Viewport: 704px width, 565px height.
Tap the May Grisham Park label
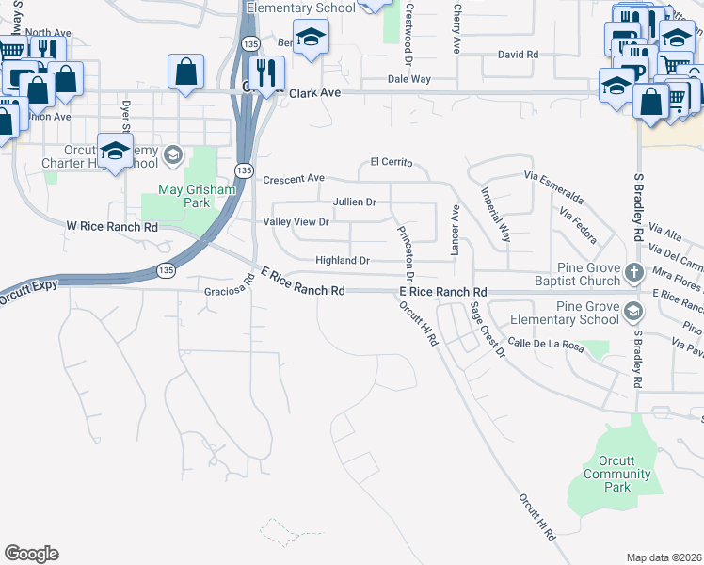click(183, 195)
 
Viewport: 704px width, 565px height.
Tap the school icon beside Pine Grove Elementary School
click(634, 313)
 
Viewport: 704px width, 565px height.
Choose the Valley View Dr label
click(296, 222)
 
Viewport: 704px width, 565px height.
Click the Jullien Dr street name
click(355, 202)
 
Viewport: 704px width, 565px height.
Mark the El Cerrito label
click(392, 162)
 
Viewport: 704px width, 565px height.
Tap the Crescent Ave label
click(294, 178)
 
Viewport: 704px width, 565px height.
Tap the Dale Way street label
click(409, 79)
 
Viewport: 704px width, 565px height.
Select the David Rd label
click(518, 55)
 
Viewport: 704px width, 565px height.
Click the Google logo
click(31, 554)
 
